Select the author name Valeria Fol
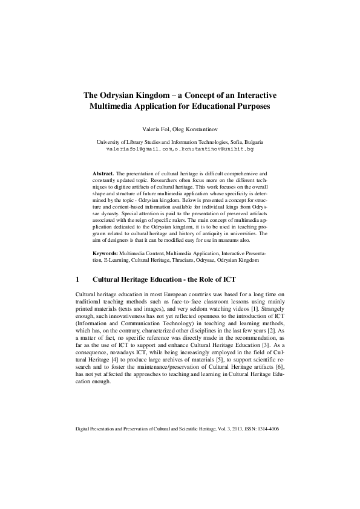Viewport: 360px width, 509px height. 155,128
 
